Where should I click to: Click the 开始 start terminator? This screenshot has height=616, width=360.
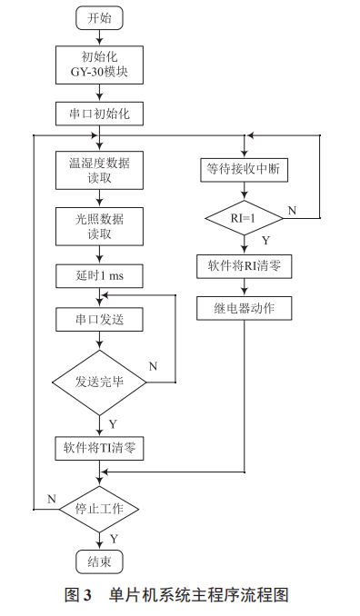pos(100,17)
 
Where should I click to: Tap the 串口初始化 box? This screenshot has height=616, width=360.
pos(100,114)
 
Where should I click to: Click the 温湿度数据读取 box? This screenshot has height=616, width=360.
pos(100,171)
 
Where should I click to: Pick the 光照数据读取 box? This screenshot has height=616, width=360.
pos(100,225)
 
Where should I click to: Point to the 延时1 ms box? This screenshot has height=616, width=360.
pos(100,275)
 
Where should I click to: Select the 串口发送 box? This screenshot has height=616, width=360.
pos(100,321)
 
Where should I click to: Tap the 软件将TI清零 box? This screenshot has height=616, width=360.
pos(100,447)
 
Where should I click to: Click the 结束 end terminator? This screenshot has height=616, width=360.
pos(100,561)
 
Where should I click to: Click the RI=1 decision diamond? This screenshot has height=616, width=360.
pos(243,218)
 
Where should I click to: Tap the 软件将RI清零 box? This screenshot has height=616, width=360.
pos(243,267)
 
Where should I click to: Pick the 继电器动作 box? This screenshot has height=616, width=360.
pos(243,308)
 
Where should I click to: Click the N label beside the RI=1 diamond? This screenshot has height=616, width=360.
pos(292,210)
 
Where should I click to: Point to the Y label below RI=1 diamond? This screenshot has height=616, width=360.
pos(265,241)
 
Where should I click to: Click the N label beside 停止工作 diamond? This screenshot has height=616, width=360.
pos(52,499)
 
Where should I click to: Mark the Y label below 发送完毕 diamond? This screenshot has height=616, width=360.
pos(114,422)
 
